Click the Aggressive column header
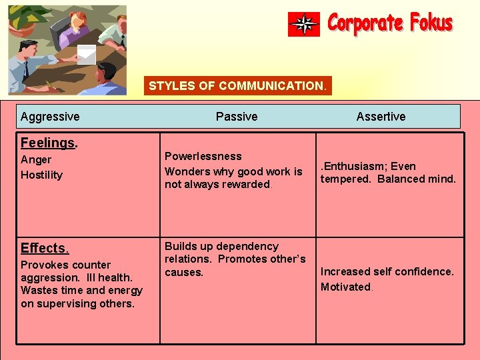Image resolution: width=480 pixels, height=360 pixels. point(50,117)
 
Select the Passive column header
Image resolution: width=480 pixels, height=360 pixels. point(237,117)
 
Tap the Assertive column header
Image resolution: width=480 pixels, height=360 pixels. point(381,117)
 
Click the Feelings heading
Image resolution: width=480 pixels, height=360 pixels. point(48,143)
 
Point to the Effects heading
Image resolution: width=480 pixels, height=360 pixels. point(44,248)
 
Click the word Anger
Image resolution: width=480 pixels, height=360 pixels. point(36,160)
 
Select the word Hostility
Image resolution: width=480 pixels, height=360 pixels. point(41,175)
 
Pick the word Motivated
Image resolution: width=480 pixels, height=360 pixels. point(345,287)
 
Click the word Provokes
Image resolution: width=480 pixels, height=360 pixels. point(45,265)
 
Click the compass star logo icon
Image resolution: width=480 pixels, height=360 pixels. point(304,25)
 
